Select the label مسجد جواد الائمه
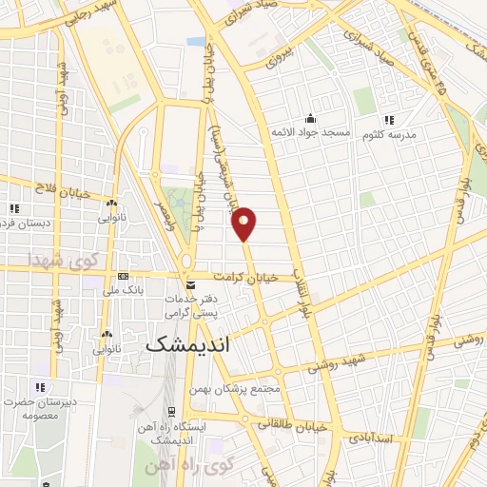[x=310, y=132]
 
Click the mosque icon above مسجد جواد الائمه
[x=310, y=119]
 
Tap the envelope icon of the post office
[x=191, y=284]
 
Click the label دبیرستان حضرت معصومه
[x=41, y=408]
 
